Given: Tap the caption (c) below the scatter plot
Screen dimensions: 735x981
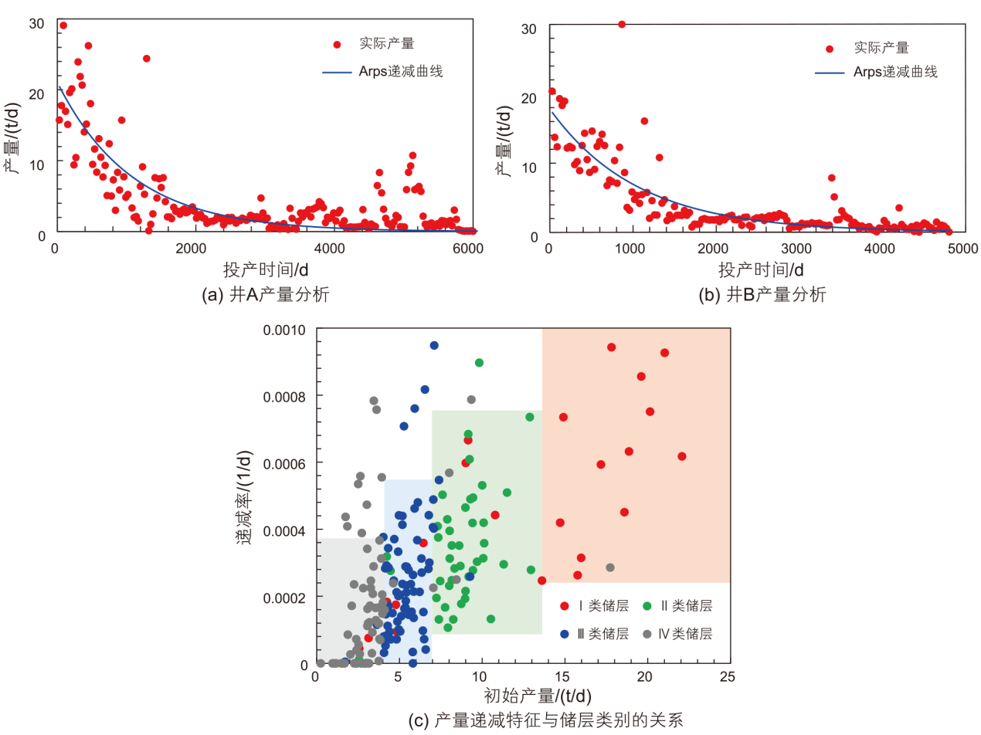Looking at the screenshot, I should click(546, 721).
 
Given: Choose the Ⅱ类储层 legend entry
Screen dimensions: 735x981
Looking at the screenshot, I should click(679, 607).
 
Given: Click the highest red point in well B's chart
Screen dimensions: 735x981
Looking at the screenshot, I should click(622, 24).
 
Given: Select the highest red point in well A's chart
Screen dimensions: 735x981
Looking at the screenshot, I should click(63, 25).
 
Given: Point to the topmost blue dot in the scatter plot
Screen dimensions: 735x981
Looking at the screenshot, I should click(434, 345).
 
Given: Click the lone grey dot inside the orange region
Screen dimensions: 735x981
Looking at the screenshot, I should click(610, 567).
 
